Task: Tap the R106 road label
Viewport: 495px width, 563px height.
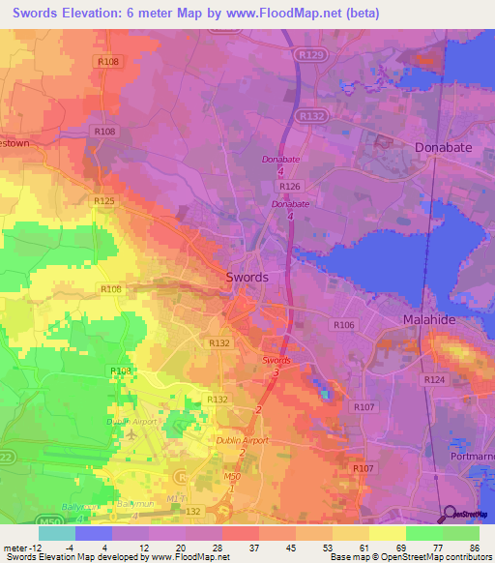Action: coord(342,325)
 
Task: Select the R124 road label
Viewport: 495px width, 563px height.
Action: coord(435,381)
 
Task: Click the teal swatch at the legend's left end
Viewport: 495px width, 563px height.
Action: coord(56,533)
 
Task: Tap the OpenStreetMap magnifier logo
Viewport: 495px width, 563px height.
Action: coord(450,514)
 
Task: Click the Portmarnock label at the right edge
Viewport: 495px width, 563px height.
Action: coord(473,456)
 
